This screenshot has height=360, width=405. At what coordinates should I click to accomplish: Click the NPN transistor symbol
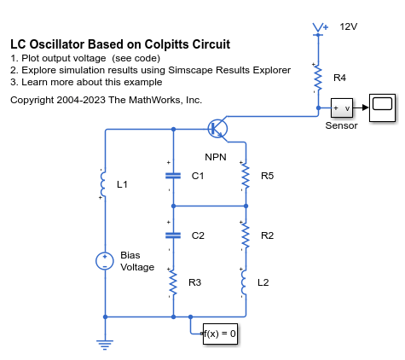click(217, 129)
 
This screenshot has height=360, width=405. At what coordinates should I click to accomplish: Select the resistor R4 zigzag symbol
click(318, 78)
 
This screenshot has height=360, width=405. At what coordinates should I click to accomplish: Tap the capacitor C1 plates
click(173, 176)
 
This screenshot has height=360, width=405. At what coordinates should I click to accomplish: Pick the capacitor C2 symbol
click(173, 235)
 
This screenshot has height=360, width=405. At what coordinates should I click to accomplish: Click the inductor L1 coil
click(103, 184)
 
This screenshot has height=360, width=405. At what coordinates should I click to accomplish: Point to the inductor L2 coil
click(244, 282)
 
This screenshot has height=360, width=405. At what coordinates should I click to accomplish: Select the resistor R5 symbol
click(246, 177)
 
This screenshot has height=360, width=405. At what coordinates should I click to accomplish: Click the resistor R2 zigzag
click(246, 236)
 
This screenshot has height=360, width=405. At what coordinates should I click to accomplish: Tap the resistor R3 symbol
click(173, 283)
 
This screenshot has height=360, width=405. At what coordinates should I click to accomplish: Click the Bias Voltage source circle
click(105, 261)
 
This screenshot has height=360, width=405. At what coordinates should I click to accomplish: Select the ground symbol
click(105, 345)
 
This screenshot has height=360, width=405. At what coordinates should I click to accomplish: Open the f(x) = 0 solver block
click(220, 334)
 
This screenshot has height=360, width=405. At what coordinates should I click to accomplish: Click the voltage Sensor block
click(342, 108)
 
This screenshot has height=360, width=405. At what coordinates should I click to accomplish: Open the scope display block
click(382, 107)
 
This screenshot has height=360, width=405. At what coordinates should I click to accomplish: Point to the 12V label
click(349, 26)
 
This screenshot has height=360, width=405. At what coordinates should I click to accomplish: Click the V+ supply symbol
click(318, 29)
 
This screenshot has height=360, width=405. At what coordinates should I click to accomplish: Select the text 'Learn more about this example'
click(92, 82)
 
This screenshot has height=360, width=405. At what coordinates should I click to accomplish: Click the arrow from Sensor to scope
click(361, 107)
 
